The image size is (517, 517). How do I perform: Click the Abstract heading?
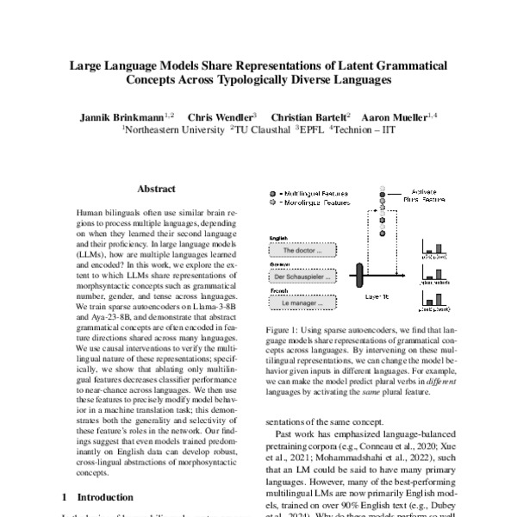tap(156, 189)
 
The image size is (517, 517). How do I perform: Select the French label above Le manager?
tap(278, 292)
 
